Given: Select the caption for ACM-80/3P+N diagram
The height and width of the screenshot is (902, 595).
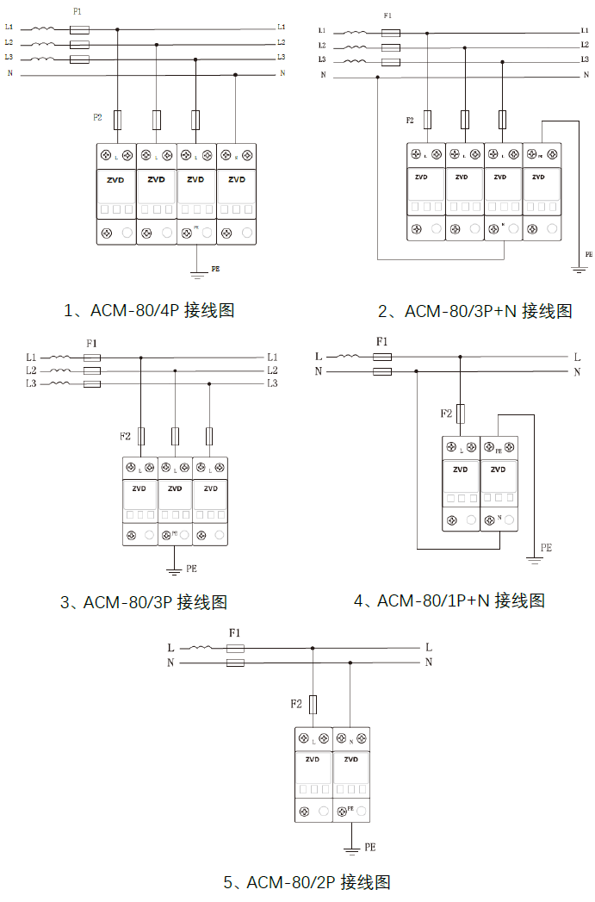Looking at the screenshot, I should click(474, 311).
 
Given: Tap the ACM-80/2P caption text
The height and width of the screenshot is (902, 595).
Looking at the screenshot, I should click(307, 882).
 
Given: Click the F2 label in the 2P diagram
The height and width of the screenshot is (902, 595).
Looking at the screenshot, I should click(296, 704).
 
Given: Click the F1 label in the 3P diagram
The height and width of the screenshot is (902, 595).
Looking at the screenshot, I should click(92, 343).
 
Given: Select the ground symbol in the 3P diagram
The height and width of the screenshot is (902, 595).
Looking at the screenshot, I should click(173, 571).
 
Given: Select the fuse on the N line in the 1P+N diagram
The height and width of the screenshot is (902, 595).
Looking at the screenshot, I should click(383, 372).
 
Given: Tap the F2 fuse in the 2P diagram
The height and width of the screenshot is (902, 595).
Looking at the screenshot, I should click(313, 704).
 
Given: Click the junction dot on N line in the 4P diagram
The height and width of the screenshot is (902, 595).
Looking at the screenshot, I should click(235, 75).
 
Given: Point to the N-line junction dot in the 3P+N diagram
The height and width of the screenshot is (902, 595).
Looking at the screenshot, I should click(377, 78).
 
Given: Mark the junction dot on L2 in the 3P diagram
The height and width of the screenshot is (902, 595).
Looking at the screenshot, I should click(176, 371).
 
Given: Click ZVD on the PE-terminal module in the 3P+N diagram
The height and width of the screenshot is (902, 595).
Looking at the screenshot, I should click(539, 177).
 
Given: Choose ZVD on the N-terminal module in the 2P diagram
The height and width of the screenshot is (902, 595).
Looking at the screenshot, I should click(351, 760).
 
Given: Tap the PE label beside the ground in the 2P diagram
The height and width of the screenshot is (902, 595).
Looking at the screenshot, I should click(370, 848).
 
